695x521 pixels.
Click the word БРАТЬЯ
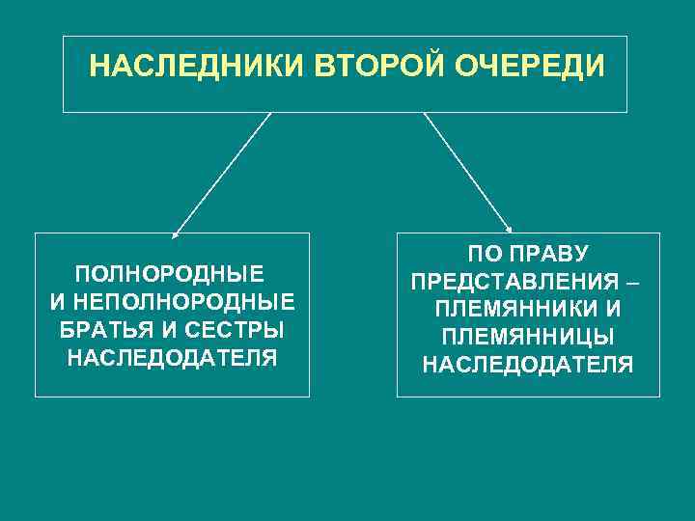coord(101,329)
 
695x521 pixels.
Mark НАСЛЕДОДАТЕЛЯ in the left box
coord(171,359)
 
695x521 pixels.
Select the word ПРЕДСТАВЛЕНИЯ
coord(515,283)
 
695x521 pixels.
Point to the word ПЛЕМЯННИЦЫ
coord(528,338)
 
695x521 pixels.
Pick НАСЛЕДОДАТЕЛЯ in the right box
coord(528,366)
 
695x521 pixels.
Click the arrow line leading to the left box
coord(222,174)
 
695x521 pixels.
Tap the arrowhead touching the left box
coord(175,234)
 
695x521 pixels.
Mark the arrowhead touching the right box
coord(509,230)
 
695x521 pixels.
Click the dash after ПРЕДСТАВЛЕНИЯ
coord(631,284)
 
